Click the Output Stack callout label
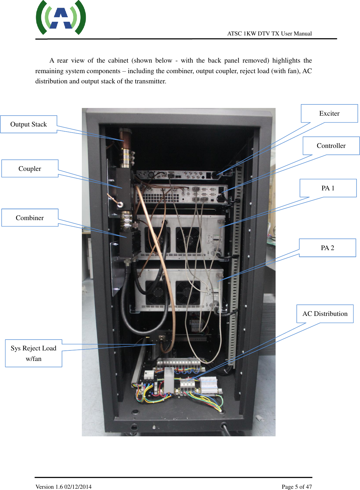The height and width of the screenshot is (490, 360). click(x=28, y=124)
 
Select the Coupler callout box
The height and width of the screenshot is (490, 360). click(x=30, y=169)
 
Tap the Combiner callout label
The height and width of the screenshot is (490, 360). click(x=30, y=218)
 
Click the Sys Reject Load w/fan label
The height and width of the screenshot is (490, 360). click(x=34, y=353)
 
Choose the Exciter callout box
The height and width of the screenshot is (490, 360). click(x=329, y=113)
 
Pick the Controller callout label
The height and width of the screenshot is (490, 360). click(x=331, y=146)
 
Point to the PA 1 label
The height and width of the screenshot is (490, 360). click(x=328, y=188)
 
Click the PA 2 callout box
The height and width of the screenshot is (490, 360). click(x=327, y=248)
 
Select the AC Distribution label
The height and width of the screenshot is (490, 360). click(x=325, y=314)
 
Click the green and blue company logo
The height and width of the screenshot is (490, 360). click(x=61, y=18)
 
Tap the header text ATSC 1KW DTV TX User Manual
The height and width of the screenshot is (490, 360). click(x=269, y=34)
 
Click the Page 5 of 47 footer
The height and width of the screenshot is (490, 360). click(x=296, y=486)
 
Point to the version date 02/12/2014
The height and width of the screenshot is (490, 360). click(x=78, y=486)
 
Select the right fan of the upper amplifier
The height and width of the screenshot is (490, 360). click(x=188, y=240)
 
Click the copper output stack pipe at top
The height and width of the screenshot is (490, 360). click(x=125, y=144)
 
